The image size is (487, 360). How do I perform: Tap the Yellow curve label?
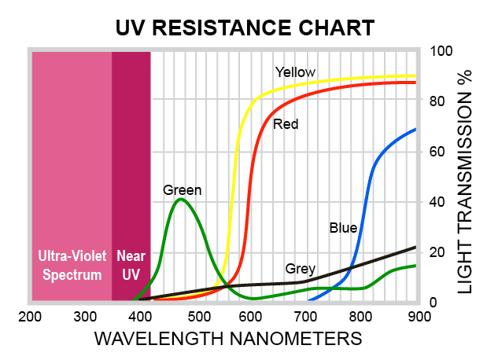(295, 72)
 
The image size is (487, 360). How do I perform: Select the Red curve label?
(286, 124)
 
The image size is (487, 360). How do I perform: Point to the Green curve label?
(183, 189)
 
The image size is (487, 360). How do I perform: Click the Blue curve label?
(343, 228)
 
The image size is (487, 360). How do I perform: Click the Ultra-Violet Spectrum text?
(72, 265)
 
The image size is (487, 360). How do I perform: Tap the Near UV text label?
(131, 265)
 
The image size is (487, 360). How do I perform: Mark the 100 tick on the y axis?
(441, 51)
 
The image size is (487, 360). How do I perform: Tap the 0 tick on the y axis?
(434, 302)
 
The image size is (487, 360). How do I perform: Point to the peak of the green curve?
(181, 199)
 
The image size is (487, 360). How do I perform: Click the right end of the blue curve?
(415, 129)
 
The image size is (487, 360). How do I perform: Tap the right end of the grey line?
(415, 247)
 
